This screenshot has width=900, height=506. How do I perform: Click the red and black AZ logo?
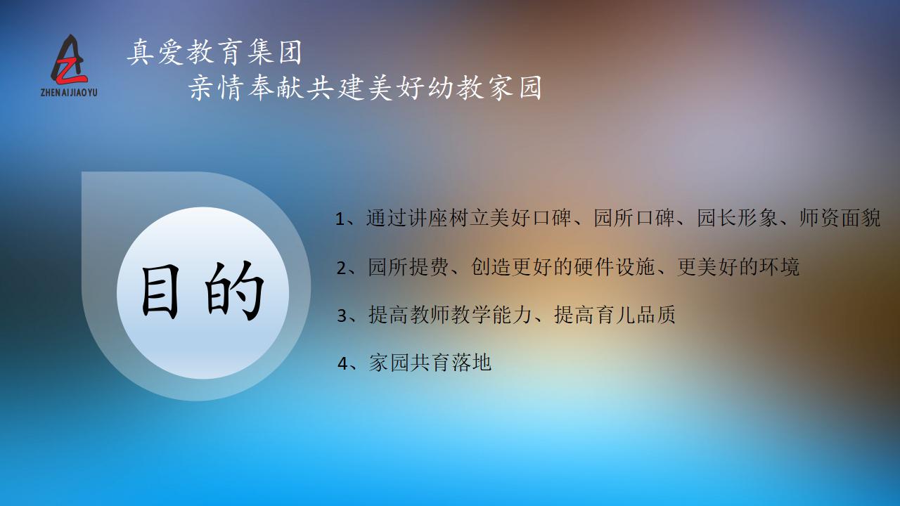(72, 59)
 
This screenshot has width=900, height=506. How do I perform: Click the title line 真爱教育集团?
(215, 52)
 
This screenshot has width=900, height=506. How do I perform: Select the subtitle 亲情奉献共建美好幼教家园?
(366, 89)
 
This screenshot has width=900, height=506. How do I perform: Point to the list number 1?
(341, 219)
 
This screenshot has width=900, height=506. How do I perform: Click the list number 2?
(342, 268)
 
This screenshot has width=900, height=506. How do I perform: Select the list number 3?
(342, 316)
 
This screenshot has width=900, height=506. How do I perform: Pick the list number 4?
(343, 363)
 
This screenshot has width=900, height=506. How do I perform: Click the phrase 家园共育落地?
(430, 363)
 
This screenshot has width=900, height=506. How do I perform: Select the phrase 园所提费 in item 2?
(409, 267)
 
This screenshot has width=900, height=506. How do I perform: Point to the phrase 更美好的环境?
(738, 267)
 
